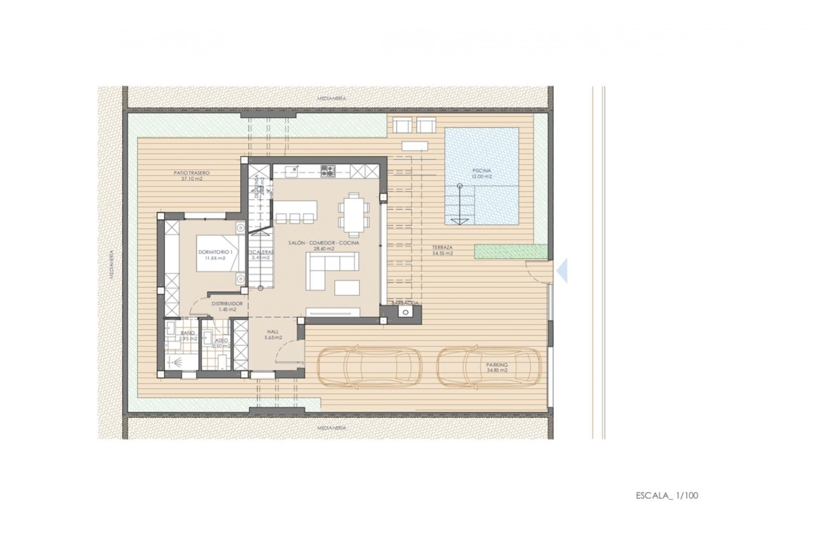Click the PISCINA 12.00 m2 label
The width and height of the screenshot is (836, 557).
(x=482, y=174)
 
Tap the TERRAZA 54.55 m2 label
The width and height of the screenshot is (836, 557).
(x=442, y=250)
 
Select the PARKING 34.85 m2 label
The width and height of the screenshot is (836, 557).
(x=497, y=368)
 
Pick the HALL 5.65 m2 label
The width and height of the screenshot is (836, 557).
(x=273, y=334)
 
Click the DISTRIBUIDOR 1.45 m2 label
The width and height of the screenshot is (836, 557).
(x=227, y=306)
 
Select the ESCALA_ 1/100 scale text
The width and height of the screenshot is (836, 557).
(x=667, y=495)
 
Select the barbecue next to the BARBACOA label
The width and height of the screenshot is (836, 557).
(x=406, y=312)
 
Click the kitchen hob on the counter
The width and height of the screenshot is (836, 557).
(x=328, y=171)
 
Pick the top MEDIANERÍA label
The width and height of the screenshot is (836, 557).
(x=332, y=99)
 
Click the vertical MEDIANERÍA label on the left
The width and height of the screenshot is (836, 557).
(x=112, y=263)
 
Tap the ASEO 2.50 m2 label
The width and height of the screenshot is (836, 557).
(x=221, y=343)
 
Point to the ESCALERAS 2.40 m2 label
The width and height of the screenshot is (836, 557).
(x=261, y=255)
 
